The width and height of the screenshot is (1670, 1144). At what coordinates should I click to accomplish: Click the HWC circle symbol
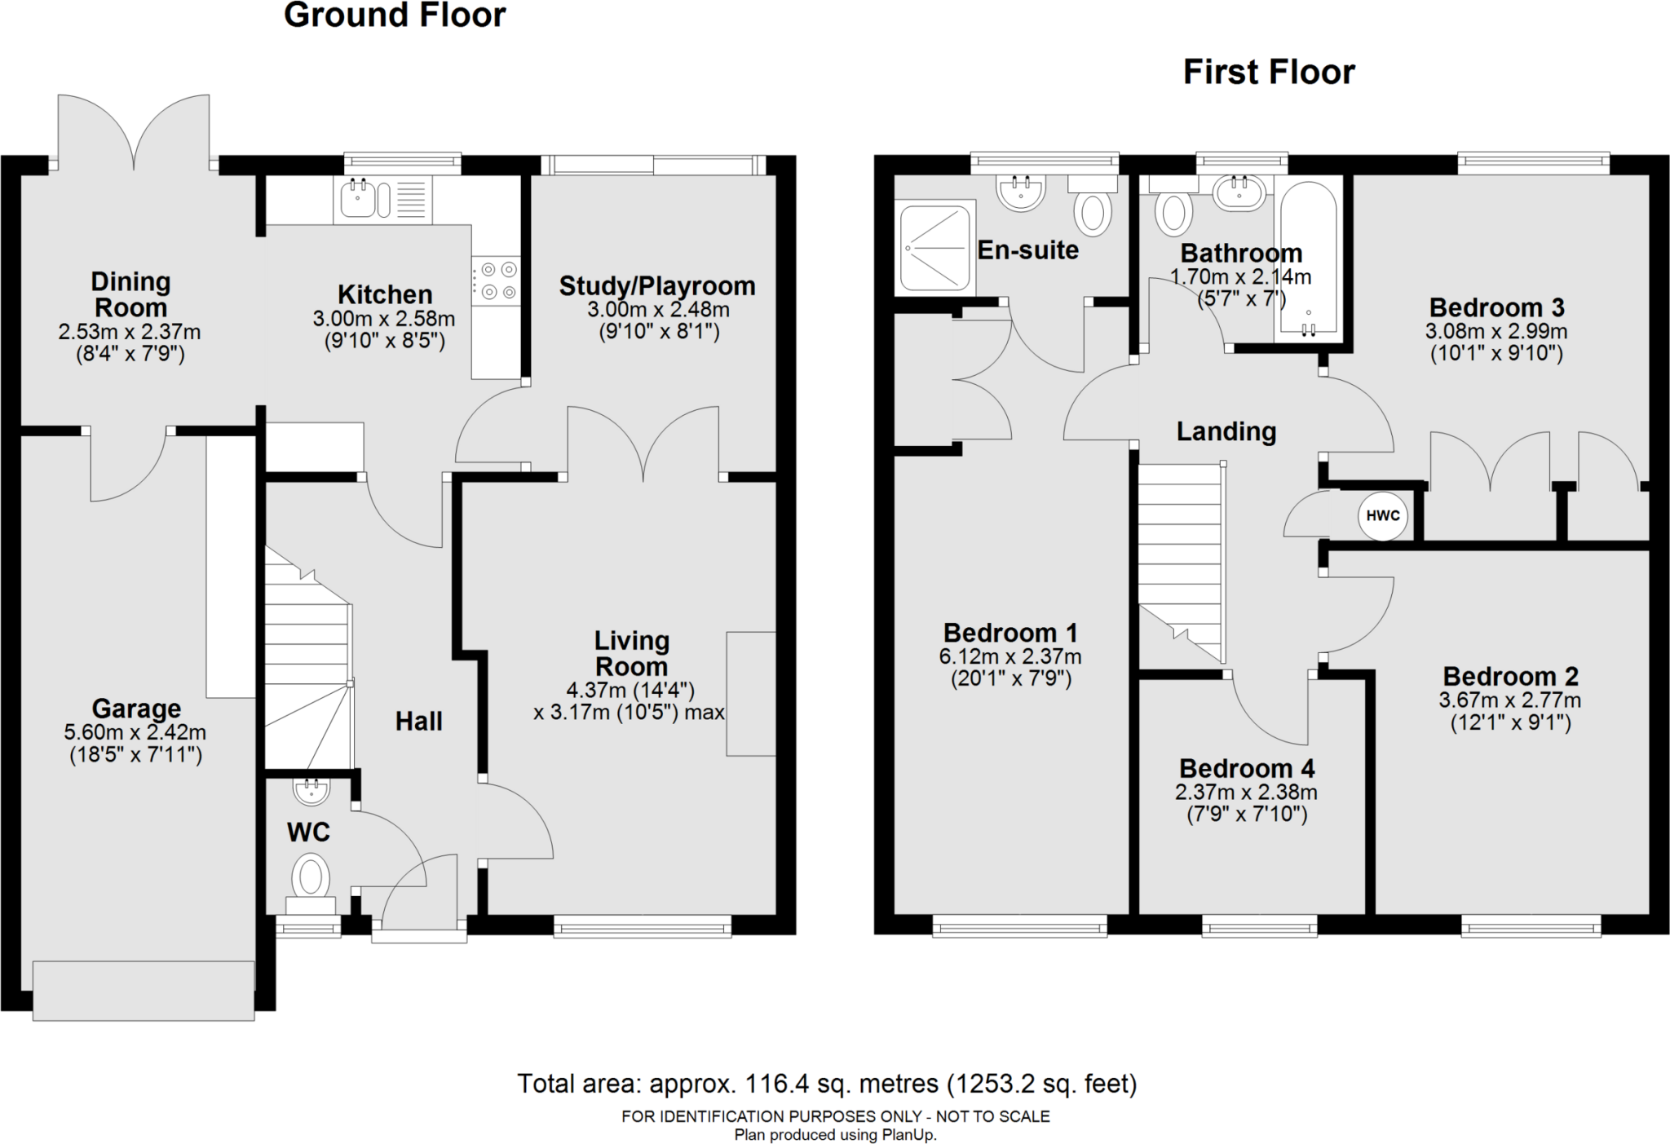pos(1382,515)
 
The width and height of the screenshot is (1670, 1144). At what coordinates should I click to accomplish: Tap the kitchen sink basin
pos(357,199)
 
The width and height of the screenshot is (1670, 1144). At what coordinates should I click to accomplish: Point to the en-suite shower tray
pos(934,248)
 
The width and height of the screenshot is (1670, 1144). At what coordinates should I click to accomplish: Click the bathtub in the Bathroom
pos(1308,257)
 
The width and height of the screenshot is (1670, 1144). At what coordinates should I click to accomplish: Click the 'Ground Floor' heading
pos(395,15)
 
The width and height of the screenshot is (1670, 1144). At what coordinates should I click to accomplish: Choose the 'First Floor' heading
pos(1269,72)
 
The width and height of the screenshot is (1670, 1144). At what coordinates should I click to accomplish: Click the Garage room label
pos(136,708)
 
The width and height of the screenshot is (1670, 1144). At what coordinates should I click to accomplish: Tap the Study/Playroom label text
pos(657,286)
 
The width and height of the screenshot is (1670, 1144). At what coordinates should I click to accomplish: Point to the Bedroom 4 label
pos(1247,768)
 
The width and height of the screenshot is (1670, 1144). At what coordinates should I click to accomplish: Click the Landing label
pos(1226,431)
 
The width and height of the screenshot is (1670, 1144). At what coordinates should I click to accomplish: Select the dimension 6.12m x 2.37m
pos(1010,656)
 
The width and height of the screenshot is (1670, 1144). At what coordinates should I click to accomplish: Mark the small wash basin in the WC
pos(310,790)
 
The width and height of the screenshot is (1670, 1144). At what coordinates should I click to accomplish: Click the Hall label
pos(419,721)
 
